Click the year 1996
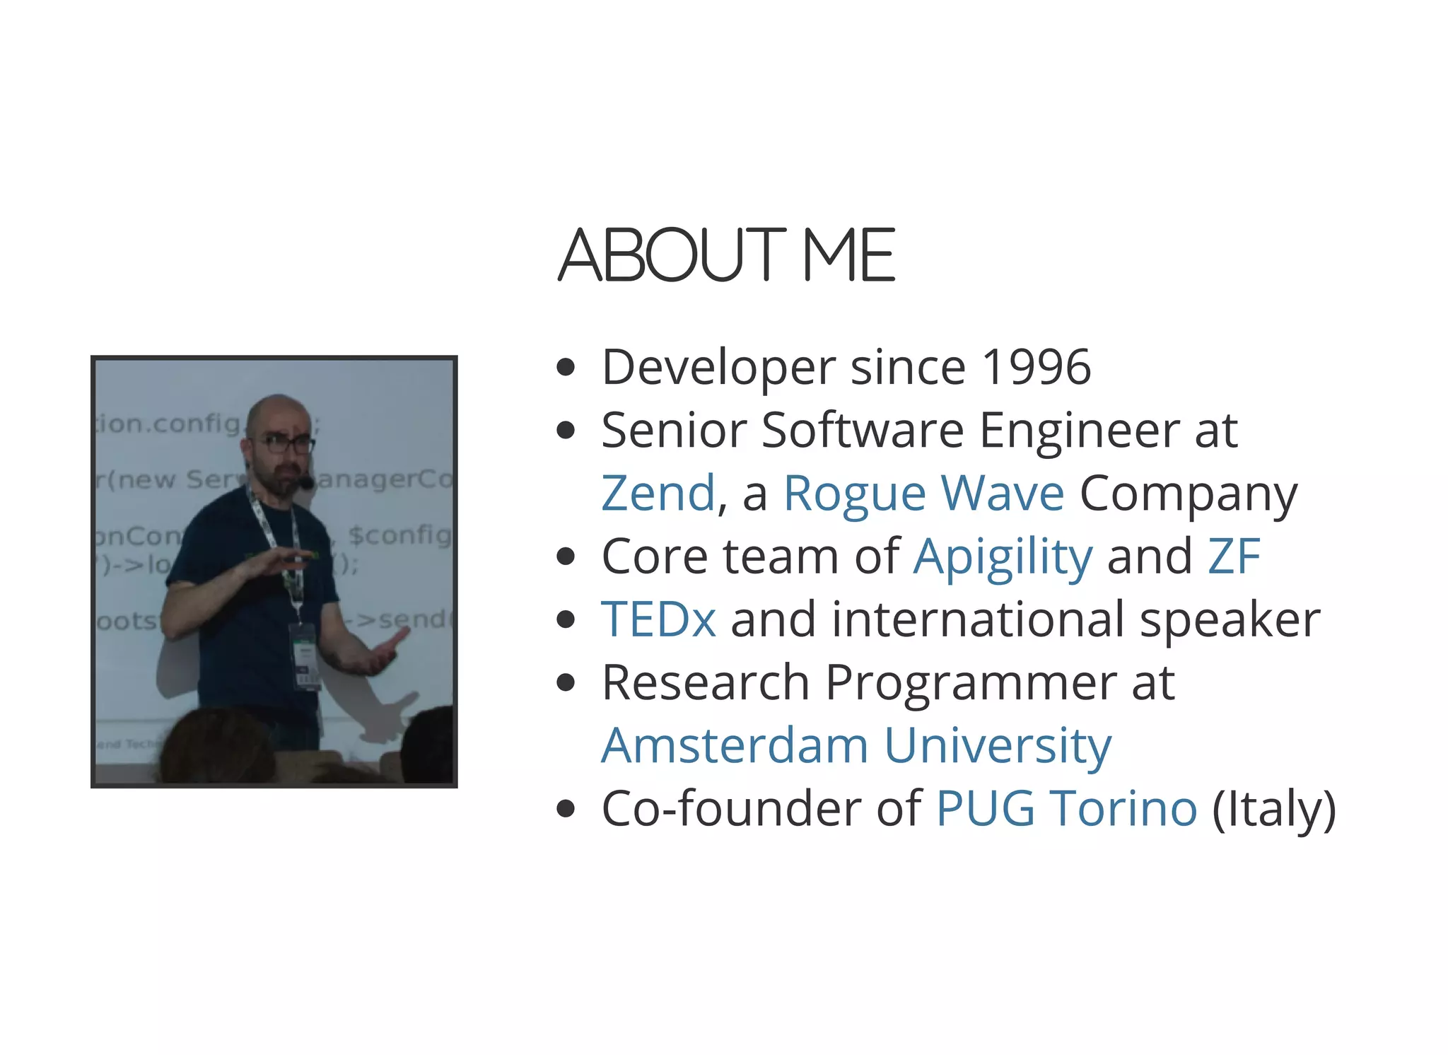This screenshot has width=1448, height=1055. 1037,368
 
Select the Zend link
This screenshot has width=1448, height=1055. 658,493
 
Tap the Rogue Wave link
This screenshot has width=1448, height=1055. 923,493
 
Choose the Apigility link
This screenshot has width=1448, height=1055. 1003,557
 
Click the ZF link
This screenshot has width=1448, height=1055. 1234,556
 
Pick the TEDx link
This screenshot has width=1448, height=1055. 658,619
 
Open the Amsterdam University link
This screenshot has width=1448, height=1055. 856,745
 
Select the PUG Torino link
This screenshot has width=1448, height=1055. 1066,808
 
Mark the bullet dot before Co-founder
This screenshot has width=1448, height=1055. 566,809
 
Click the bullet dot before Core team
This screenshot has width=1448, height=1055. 566,556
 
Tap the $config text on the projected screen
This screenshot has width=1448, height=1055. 400,535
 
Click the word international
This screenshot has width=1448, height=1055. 977,619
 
